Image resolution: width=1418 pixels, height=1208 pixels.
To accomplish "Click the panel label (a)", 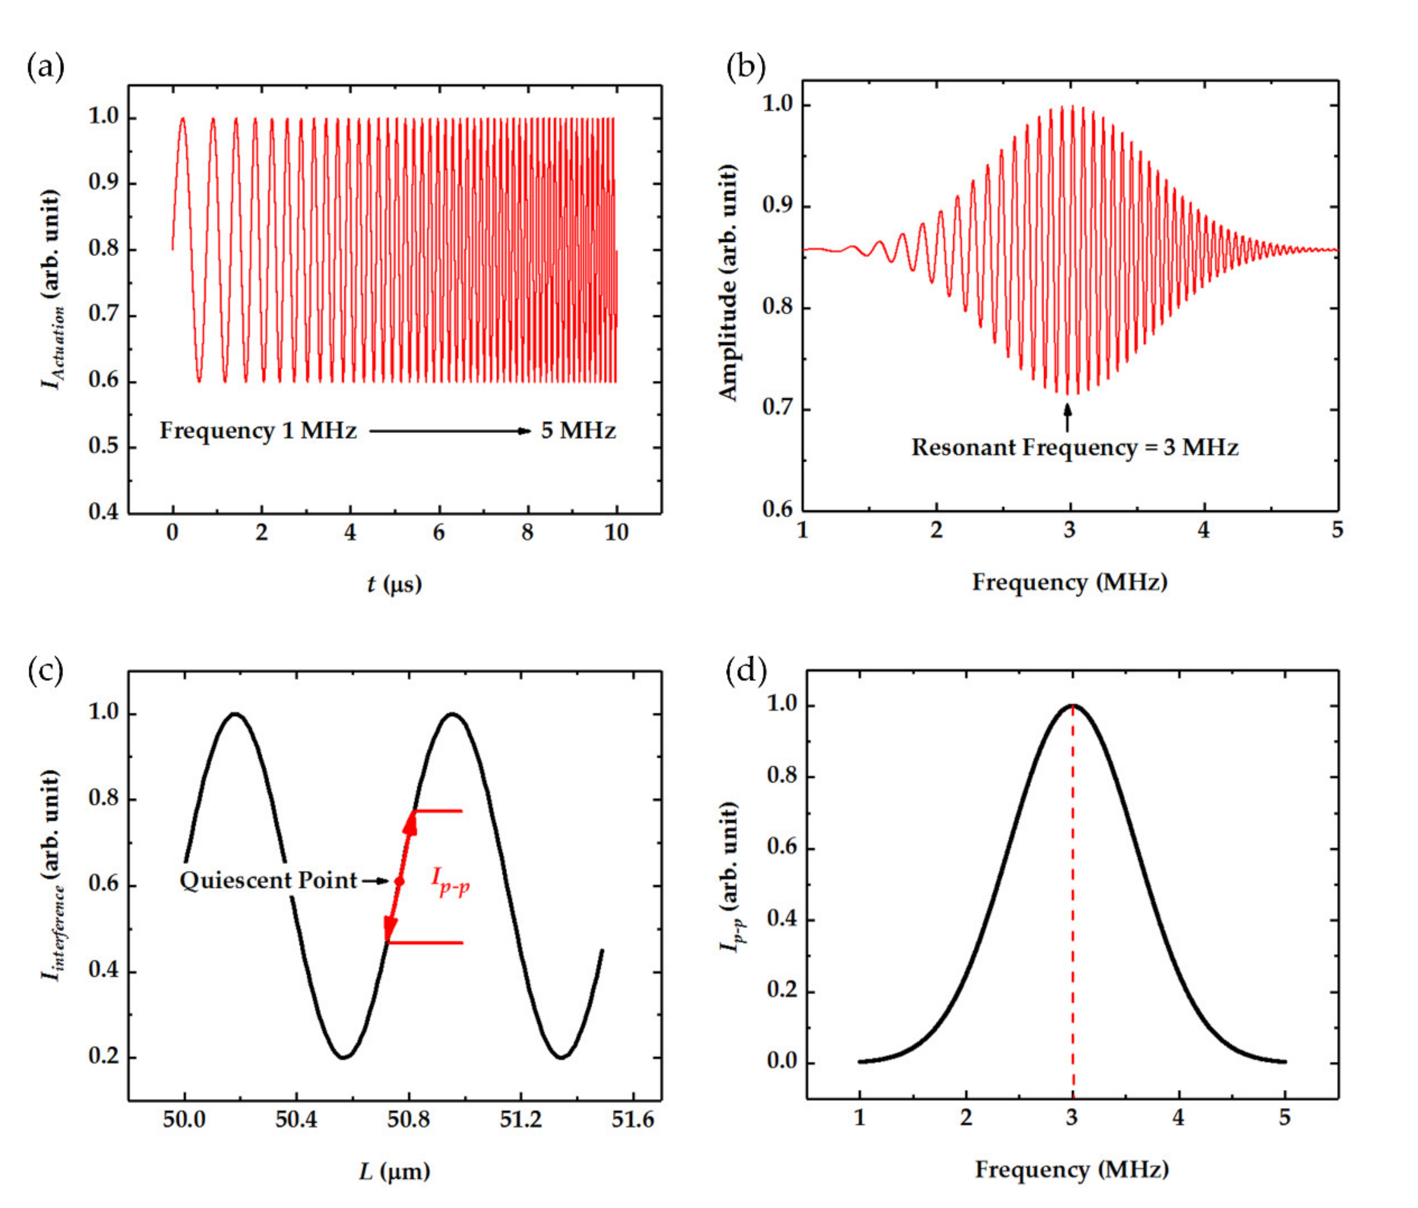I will [45, 68].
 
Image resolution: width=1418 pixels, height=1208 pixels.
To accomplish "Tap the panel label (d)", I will [745, 671].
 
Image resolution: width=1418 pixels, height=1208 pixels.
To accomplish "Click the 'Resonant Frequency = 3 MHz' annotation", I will [1075, 447].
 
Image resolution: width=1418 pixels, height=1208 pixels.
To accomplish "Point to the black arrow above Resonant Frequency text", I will [1067, 417].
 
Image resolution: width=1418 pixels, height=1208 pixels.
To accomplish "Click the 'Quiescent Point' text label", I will [268, 880].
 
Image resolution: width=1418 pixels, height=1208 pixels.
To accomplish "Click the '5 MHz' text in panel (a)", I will [578, 431].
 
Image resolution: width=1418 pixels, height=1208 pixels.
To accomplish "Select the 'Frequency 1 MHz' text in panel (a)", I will [258, 431].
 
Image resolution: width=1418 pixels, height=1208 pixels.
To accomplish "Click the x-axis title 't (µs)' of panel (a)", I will [394, 584].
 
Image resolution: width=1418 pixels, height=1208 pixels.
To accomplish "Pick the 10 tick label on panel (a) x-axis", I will [616, 533].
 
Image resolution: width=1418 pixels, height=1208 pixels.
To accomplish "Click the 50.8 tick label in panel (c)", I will [408, 1120].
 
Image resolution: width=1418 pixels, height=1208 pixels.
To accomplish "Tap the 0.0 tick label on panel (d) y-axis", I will [781, 1061].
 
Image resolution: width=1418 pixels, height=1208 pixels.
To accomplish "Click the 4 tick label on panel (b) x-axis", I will [1203, 531].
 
